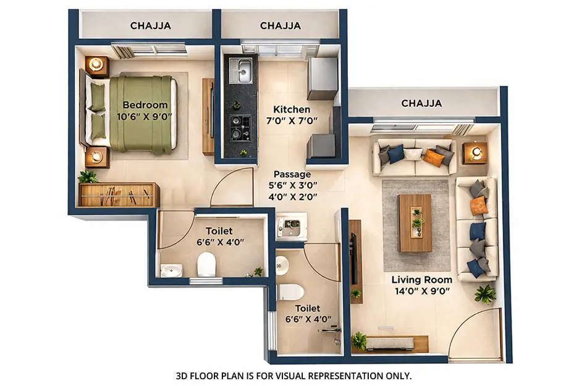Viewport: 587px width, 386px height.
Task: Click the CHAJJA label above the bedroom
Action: [150, 25]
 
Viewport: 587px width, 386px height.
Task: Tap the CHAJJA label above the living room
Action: [421, 103]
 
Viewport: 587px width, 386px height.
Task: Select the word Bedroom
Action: [145, 104]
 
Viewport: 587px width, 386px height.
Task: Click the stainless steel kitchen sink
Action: [240, 70]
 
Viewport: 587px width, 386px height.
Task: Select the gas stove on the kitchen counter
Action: [240, 127]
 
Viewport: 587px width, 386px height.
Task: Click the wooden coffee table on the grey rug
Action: [415, 223]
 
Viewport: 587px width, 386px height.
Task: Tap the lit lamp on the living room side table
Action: [474, 153]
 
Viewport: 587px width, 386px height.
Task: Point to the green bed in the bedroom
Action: [141, 114]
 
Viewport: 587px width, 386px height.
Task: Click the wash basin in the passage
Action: [289, 227]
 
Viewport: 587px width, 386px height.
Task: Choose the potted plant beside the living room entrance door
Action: [485, 294]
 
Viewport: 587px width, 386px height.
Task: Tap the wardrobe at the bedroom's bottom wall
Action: [119, 195]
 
